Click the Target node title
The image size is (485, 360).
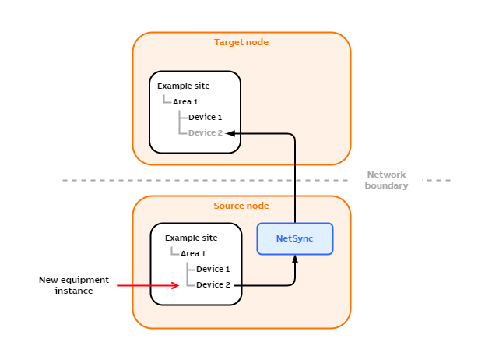tap(241, 42)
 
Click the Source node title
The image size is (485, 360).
tap(241, 206)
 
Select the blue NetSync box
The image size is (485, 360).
tap(295, 238)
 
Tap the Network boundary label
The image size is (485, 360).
tap(386, 180)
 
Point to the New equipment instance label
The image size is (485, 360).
tap(74, 285)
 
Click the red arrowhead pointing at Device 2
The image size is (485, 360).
tap(176, 285)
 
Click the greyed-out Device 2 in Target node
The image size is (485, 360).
tap(206, 132)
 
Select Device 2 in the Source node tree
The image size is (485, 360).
tap(213, 284)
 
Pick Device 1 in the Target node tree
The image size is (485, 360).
tap(206, 117)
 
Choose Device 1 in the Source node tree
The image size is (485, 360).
tap(213, 269)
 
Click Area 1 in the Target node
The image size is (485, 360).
tap(185, 101)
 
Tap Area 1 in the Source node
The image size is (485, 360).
tap(193, 253)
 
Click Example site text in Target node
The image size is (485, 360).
tap(183, 86)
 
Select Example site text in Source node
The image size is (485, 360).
tap(191, 238)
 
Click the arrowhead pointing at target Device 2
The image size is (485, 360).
tap(230, 133)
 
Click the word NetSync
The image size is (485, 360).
tap(295, 238)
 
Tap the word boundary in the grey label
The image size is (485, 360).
tap(386, 185)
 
